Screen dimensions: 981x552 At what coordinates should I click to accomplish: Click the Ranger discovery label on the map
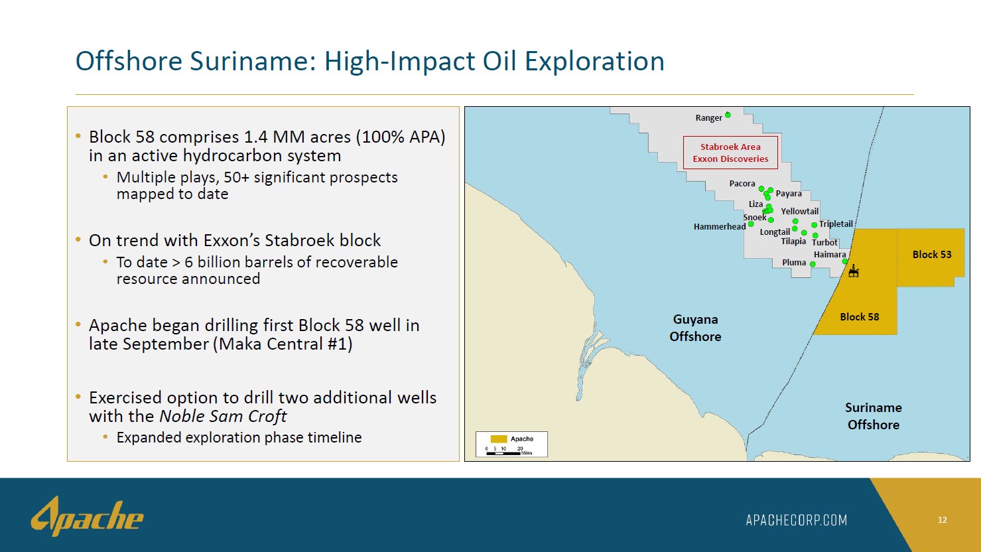[708, 118]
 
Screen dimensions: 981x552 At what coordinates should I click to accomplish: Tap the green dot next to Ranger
[728, 115]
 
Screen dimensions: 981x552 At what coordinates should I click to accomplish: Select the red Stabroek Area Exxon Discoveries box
[730, 153]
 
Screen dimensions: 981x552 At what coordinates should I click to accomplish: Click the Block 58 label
[859, 316]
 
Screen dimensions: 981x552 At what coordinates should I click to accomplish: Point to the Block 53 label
[932, 255]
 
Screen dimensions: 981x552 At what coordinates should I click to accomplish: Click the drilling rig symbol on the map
[854, 271]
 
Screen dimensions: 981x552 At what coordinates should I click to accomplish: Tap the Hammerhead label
[720, 226]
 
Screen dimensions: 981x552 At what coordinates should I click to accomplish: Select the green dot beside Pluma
[813, 264]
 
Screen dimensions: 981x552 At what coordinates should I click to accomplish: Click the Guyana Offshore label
[695, 328]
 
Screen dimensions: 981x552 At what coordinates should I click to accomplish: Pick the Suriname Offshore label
[874, 416]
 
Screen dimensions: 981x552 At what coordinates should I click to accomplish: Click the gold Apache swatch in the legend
[498, 439]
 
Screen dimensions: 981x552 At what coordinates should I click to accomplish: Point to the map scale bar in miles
[503, 453]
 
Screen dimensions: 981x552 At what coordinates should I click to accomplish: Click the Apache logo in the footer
[87, 516]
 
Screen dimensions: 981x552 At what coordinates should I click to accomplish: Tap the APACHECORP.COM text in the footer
[796, 520]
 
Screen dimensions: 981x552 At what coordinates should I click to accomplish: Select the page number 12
[942, 520]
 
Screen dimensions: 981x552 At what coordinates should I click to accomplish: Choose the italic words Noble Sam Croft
[223, 416]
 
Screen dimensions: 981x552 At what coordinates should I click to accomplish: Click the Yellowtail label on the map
[799, 211]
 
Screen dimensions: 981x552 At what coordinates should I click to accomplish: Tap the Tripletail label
[836, 224]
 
